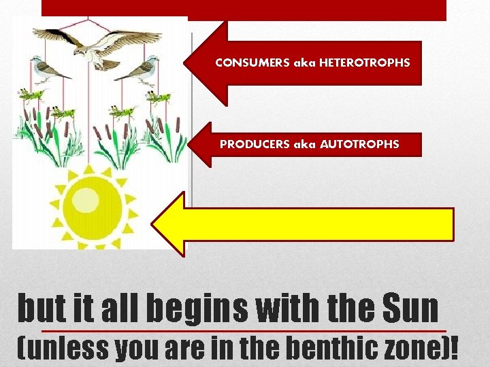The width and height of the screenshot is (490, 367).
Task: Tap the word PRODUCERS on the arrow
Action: pos(253,144)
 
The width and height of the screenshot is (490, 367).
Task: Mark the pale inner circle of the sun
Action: pos(86,200)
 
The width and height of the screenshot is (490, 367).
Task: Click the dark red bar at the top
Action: pos(244,10)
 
